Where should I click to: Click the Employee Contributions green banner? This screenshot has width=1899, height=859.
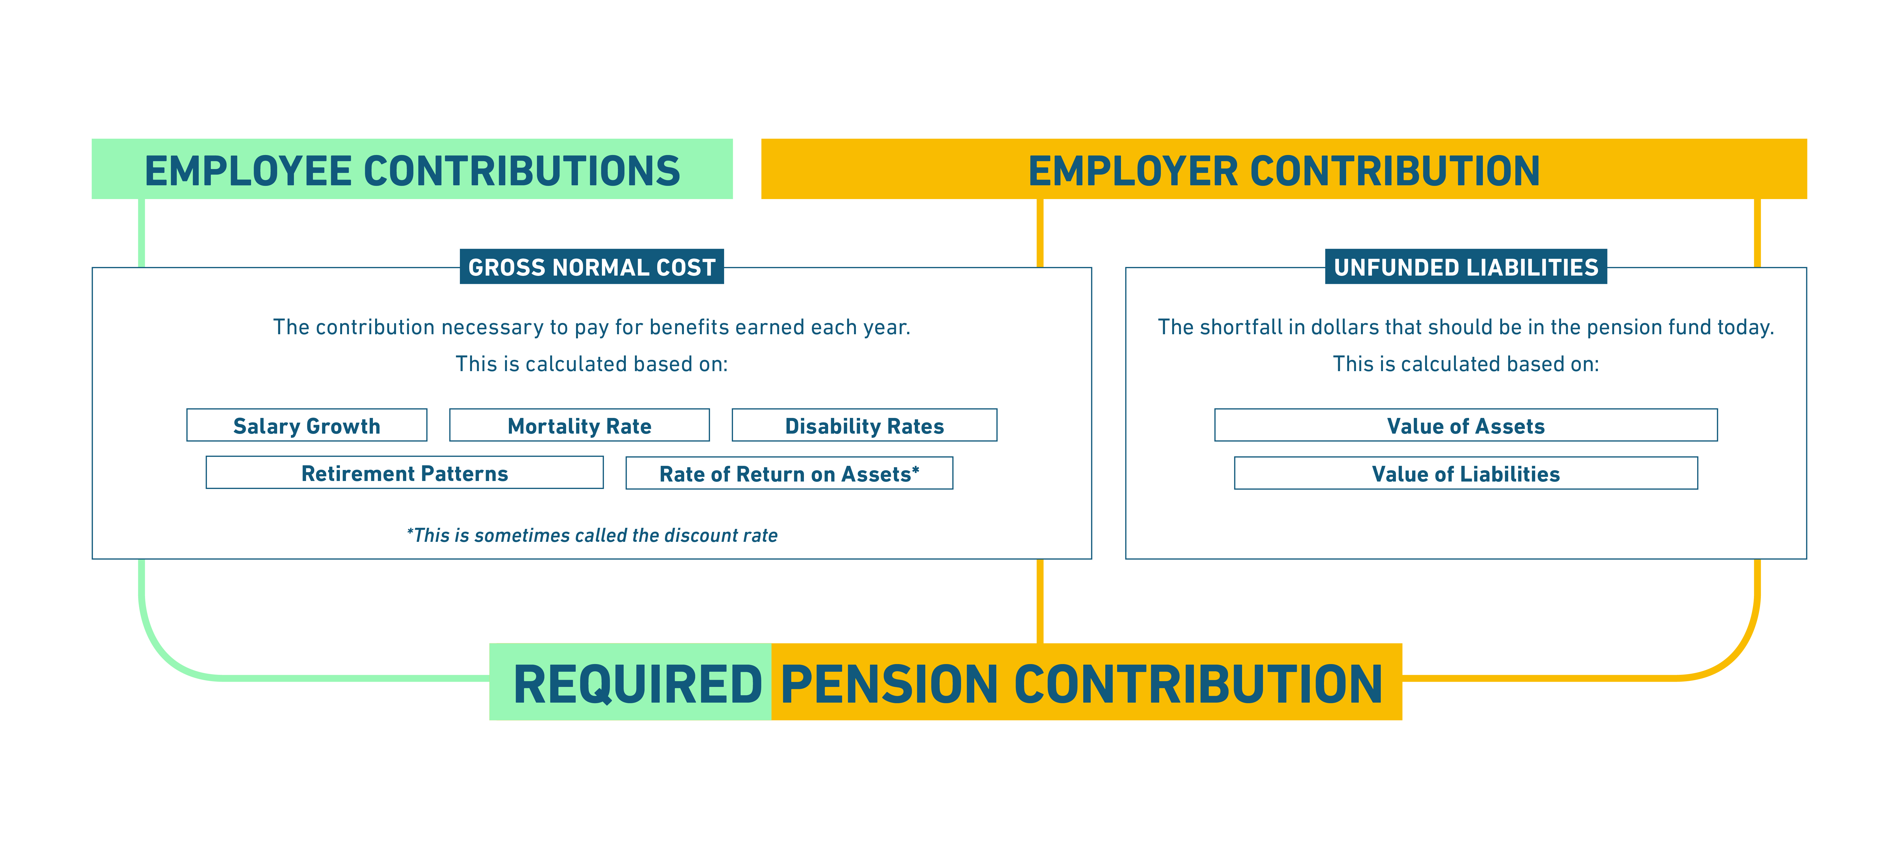[x=412, y=169]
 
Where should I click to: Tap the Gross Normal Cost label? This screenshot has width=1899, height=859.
[x=592, y=267]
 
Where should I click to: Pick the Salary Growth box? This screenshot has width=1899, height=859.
[x=307, y=425]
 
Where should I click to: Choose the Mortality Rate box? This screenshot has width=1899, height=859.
[x=579, y=425]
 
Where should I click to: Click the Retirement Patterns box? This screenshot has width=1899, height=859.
[x=405, y=473]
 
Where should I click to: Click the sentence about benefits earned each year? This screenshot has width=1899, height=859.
[x=592, y=327]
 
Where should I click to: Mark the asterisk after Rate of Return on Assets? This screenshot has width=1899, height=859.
[x=916, y=469]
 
